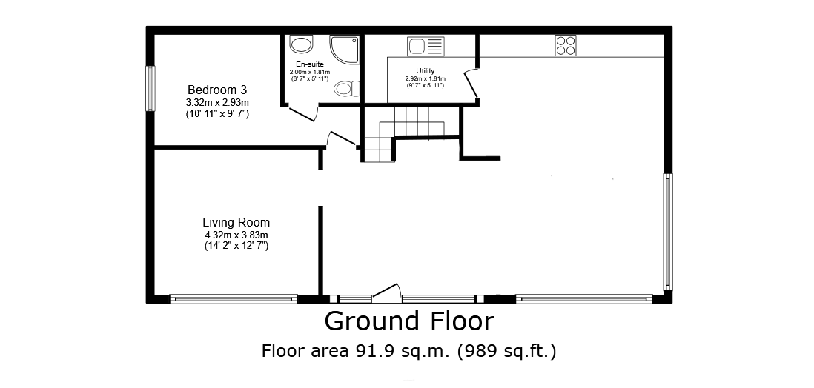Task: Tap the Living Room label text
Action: coord(236,223)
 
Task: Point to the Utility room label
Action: coord(426,70)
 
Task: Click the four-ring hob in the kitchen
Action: coord(566,45)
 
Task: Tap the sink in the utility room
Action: coord(426,46)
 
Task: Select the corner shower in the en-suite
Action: coord(345,50)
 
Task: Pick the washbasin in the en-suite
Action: coord(300,44)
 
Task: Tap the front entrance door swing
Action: coord(388,293)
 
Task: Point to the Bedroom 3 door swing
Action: coord(341,139)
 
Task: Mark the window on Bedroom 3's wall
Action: coord(150,88)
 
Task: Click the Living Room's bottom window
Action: coord(233,298)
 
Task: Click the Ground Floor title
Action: coord(410,321)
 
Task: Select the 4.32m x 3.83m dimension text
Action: coord(236,235)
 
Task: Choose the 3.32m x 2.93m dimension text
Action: coord(217,103)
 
